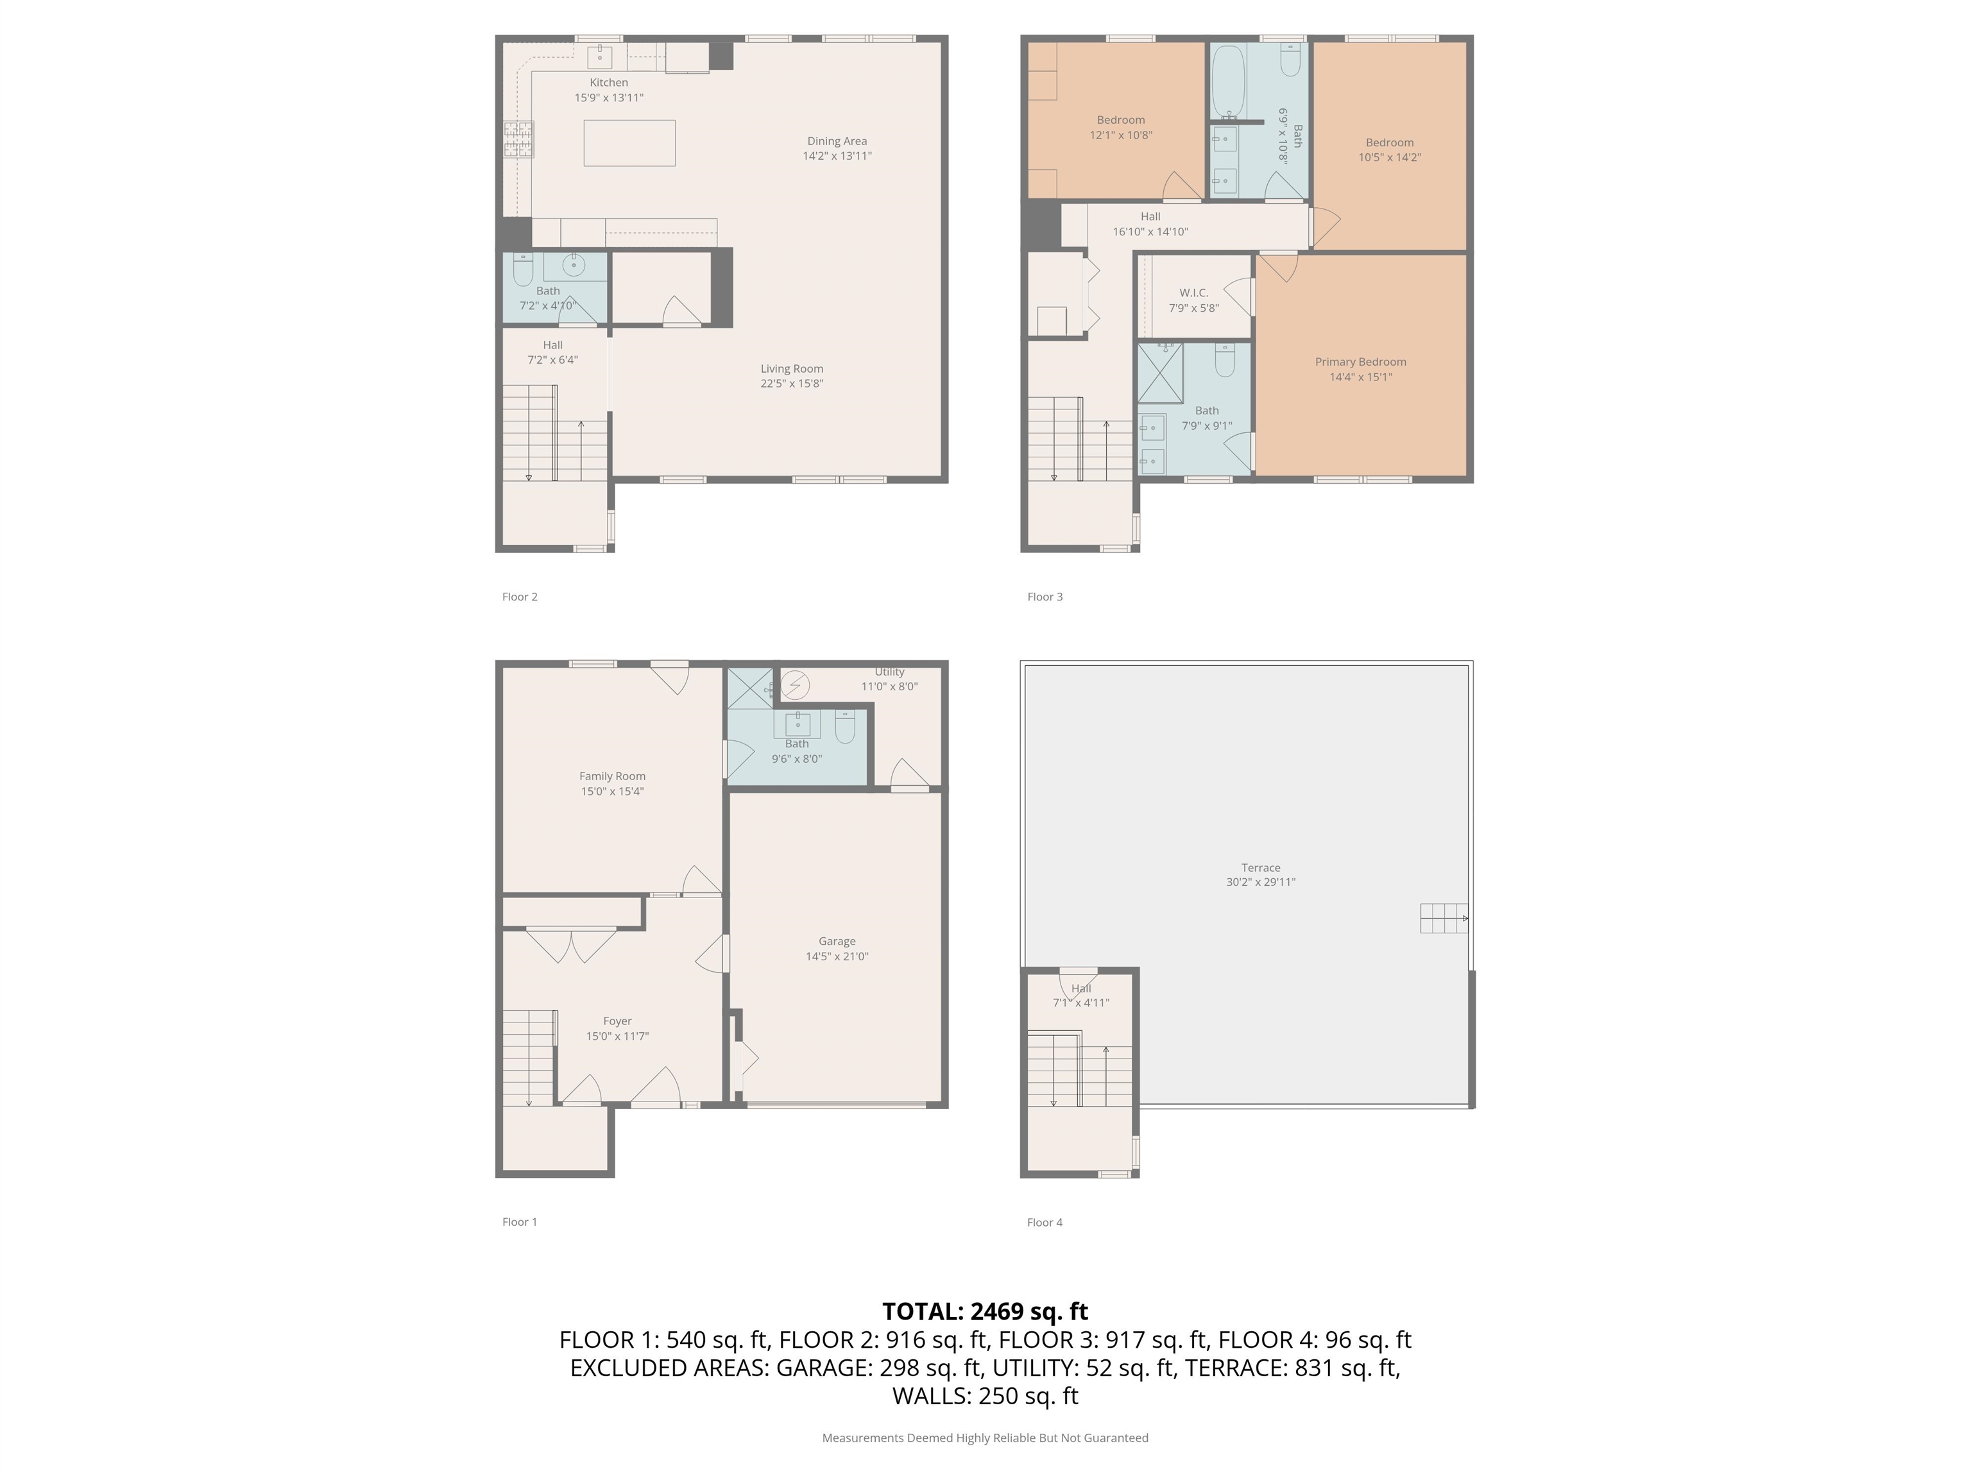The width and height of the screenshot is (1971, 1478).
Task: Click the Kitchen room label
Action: pos(609,83)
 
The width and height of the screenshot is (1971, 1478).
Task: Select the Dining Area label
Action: pos(837,140)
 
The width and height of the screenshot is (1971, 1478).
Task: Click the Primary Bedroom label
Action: pos(1361,362)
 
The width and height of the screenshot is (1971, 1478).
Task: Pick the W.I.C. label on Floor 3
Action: pos(1193,293)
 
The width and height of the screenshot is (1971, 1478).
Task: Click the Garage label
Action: pos(837,941)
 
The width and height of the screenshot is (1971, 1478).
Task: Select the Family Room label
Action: pos(612,776)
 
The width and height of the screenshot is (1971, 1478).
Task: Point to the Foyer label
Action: pos(617,1021)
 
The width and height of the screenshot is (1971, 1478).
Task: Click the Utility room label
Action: pos(889,672)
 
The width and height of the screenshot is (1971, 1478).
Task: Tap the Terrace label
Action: pos(1261,868)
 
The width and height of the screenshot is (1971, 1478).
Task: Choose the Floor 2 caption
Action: pos(520,597)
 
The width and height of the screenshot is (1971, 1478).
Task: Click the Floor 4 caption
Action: pos(1045,1222)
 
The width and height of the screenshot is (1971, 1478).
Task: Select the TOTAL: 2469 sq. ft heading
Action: pos(985,1311)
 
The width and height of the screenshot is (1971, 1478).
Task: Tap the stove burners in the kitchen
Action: pos(518,140)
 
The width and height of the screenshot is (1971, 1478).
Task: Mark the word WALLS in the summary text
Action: pos(930,1396)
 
